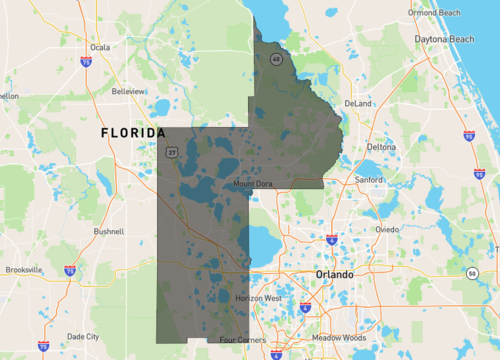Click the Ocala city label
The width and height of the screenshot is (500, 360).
pos(99,47)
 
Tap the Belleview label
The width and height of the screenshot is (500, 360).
pos(128,91)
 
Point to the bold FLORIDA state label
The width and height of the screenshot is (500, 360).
pos(133,133)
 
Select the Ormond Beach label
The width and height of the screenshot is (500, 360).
pos(437,13)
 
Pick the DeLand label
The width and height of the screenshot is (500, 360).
pos(357,103)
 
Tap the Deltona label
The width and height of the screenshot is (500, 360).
pos(380,147)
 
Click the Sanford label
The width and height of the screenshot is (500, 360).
pos(369,180)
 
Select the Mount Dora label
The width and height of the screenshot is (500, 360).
pos(253,184)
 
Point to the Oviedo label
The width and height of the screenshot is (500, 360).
pos(386,229)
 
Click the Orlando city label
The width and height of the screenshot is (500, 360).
pos(334,274)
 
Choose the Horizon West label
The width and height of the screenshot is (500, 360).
pos(258,300)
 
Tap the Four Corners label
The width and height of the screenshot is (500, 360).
pos(243,340)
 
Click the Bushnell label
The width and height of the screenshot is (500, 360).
pos(108,231)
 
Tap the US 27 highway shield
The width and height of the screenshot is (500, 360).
pos(172,152)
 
